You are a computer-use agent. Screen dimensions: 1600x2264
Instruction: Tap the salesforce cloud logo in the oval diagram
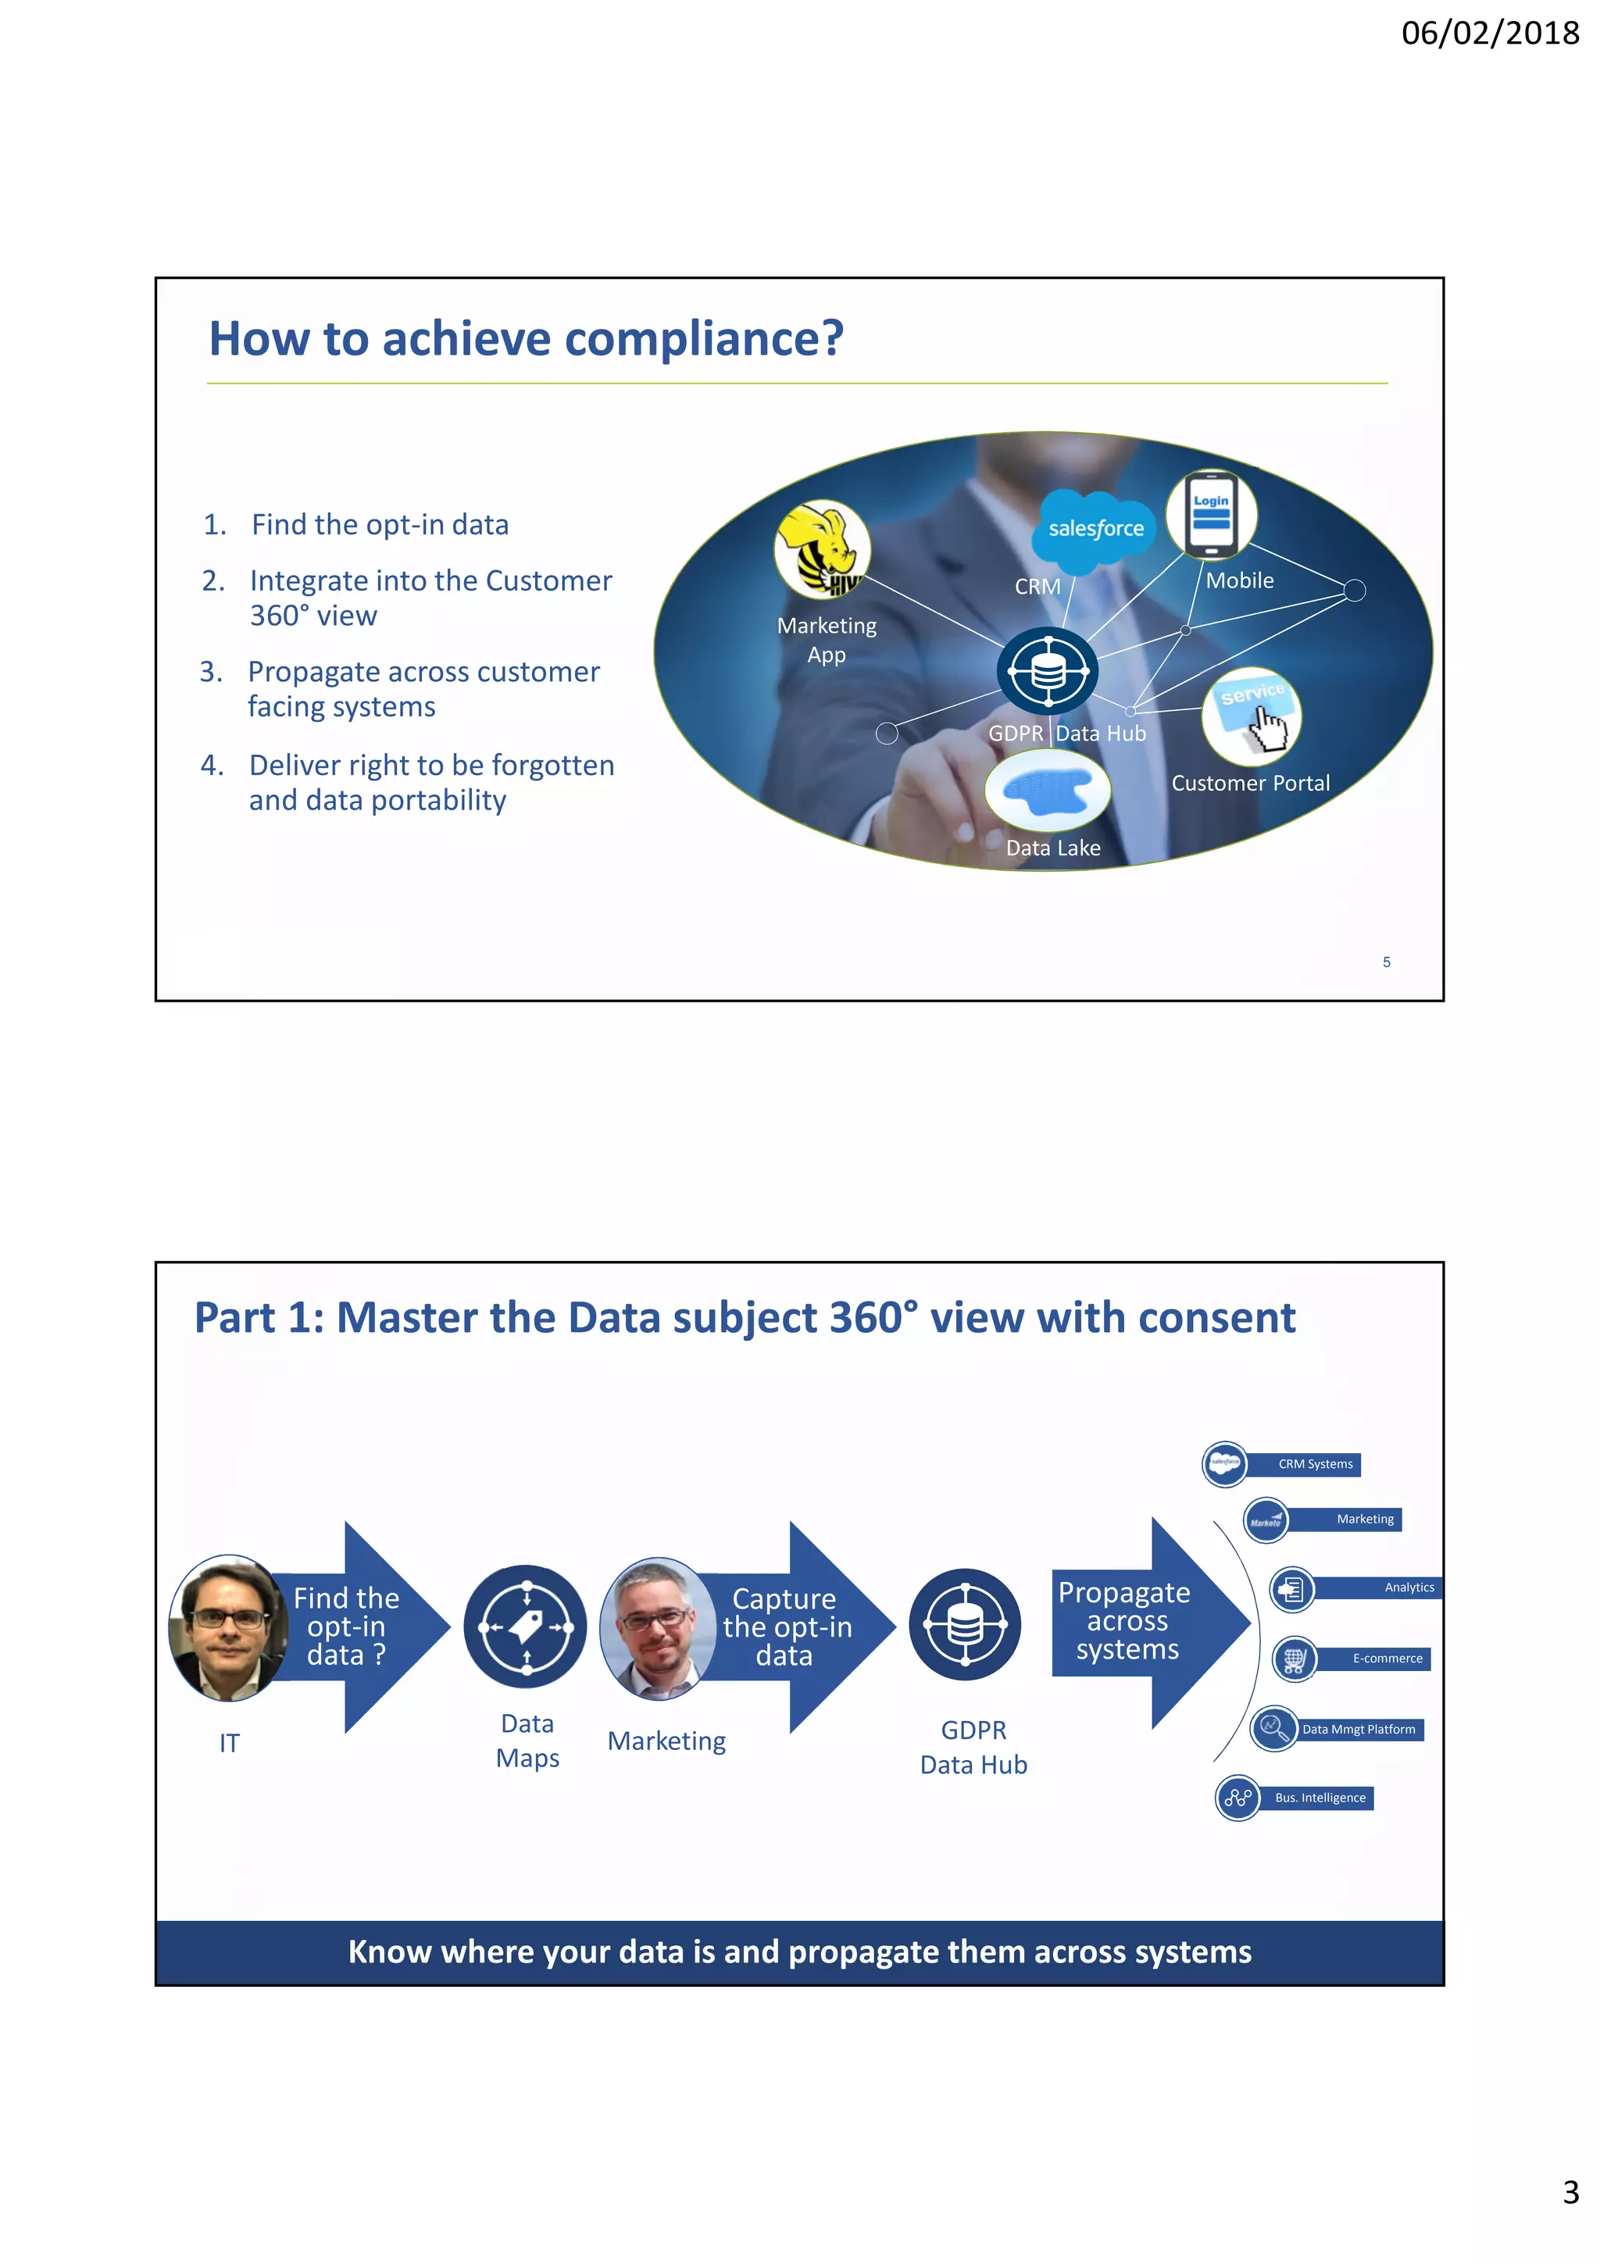tap(1095, 529)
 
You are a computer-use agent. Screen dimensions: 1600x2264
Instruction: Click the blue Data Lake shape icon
tap(1047, 791)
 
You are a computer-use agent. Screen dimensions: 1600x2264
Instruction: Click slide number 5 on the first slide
tap(1386, 962)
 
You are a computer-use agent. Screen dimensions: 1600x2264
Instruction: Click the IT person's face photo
tap(229, 1627)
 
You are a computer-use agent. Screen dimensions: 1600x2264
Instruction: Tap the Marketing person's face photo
tap(658, 1627)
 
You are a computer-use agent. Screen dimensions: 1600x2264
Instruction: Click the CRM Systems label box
tap(1315, 1464)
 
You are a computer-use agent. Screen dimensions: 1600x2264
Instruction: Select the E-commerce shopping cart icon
tap(1295, 1659)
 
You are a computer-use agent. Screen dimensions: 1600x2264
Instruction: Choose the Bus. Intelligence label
tap(1320, 1798)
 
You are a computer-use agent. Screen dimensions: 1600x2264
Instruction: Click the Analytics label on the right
tap(1409, 1587)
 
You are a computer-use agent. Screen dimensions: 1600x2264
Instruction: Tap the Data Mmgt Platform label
tap(1358, 1729)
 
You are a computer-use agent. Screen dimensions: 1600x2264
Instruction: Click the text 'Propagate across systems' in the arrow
tap(1125, 1621)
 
